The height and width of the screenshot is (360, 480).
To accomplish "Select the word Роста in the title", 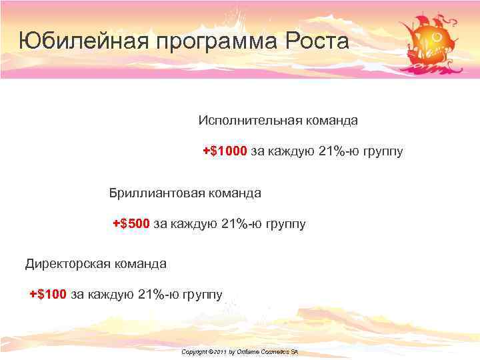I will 317,41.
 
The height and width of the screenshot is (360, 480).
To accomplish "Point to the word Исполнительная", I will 249,121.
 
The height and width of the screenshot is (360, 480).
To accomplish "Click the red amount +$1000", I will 225,151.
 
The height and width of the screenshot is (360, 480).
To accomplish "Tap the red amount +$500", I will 131,223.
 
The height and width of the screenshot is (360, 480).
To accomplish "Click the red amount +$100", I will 48,294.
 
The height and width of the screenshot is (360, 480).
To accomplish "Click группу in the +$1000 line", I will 383,152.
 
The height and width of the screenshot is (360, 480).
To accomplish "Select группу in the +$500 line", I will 285,224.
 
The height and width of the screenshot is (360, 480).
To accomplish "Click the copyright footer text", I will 239,351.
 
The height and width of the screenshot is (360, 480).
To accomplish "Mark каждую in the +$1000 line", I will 291,152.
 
